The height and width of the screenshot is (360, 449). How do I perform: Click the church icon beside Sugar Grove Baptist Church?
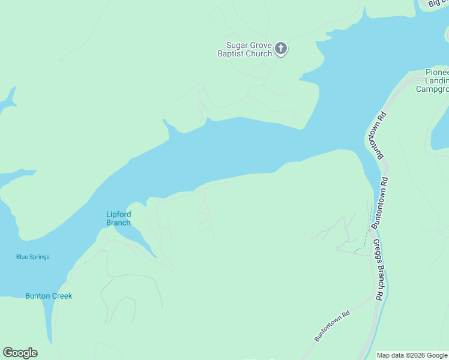(x=281, y=49)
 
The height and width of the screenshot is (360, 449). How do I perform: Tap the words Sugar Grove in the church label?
(x=249, y=45)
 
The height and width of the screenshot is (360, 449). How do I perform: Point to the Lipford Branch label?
(x=118, y=218)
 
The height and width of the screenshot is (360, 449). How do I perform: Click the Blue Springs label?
(x=32, y=257)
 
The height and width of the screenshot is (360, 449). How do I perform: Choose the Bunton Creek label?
(x=49, y=296)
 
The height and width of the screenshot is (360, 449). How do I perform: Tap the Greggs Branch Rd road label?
(x=378, y=270)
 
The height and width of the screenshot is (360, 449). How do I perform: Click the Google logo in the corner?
(x=20, y=352)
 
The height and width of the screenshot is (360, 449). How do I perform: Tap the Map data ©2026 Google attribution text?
(x=412, y=355)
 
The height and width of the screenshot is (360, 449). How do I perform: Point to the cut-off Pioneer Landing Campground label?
(x=433, y=80)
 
